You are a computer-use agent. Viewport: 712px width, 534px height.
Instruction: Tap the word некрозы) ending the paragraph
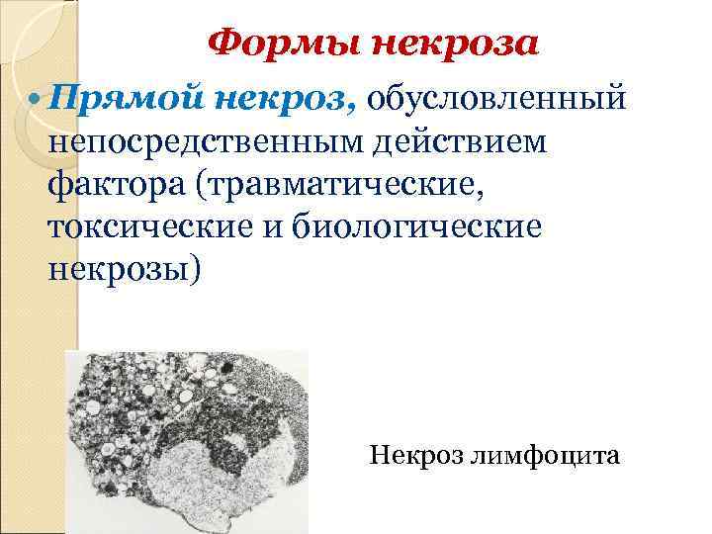tap(124, 269)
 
